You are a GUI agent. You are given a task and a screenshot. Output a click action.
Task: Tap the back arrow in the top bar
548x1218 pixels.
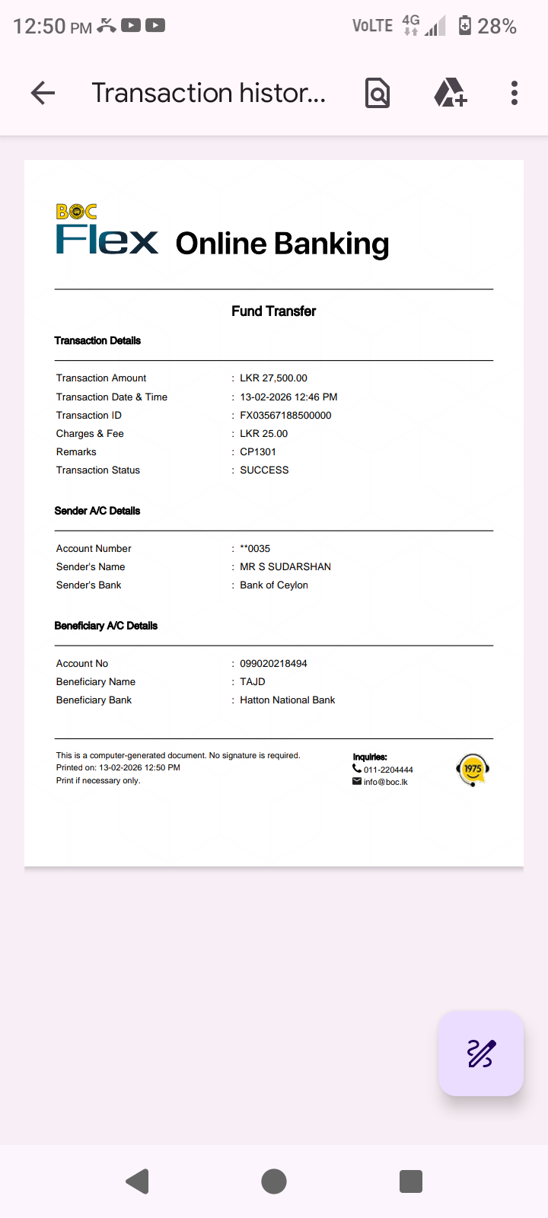pyautogui.click(x=43, y=93)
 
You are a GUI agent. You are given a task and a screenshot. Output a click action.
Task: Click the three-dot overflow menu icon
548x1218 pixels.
pyautogui.click(x=515, y=93)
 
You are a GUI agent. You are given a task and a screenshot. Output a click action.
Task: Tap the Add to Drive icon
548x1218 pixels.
pyautogui.click(x=450, y=93)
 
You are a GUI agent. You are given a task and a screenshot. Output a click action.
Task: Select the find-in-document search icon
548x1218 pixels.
pyautogui.click(x=378, y=93)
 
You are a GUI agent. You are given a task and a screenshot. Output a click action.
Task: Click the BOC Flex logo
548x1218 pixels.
pyautogui.click(x=107, y=229)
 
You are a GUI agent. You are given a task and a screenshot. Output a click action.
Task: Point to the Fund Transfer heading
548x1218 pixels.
pyautogui.click(x=273, y=311)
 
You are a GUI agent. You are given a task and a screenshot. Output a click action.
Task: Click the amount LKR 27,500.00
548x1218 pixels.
pyautogui.click(x=273, y=378)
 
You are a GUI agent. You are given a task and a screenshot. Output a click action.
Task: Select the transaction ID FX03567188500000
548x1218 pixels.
pyautogui.click(x=285, y=416)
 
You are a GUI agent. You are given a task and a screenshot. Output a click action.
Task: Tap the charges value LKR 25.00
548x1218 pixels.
pyautogui.click(x=263, y=434)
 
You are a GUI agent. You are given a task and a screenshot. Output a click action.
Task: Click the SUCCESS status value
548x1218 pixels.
pyautogui.click(x=264, y=470)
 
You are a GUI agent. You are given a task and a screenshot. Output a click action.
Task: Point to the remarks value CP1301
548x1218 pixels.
pyautogui.click(x=258, y=452)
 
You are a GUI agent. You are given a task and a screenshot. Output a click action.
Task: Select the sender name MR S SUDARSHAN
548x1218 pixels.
pyautogui.click(x=285, y=567)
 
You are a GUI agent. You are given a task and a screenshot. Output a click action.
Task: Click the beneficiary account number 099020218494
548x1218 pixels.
pyautogui.click(x=273, y=664)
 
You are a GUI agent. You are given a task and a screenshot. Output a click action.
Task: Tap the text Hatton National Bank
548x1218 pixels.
pyautogui.click(x=287, y=700)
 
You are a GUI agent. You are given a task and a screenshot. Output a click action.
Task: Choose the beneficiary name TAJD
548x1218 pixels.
pyautogui.click(x=253, y=682)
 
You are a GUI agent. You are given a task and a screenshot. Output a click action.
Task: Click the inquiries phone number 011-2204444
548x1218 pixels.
pyautogui.click(x=388, y=770)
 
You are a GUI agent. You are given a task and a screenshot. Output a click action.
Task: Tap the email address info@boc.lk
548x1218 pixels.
pyautogui.click(x=385, y=782)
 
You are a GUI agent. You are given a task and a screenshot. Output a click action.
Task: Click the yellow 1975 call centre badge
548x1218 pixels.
pyautogui.click(x=473, y=769)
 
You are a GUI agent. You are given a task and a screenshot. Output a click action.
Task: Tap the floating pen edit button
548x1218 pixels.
pyautogui.click(x=480, y=1054)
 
